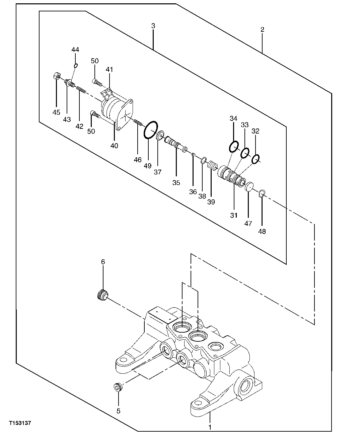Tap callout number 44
(x=75, y=50)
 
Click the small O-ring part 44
(x=76, y=65)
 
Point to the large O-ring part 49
(x=151, y=129)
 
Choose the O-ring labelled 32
(x=256, y=159)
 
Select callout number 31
(x=233, y=215)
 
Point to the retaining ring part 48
(x=262, y=193)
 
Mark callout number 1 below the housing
(x=210, y=427)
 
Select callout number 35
(x=176, y=182)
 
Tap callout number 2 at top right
(x=262, y=29)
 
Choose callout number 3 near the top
(x=153, y=25)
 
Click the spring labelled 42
(x=81, y=89)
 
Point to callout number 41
(x=110, y=70)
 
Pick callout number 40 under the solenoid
(x=114, y=146)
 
